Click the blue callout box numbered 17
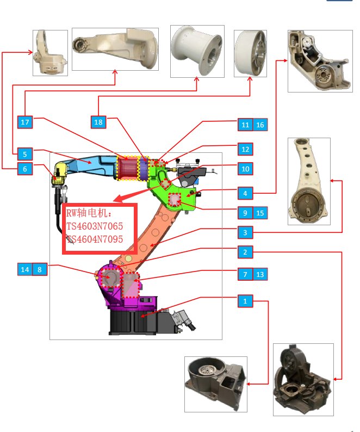point(24,122)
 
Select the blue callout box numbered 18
point(98,122)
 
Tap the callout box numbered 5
point(24,153)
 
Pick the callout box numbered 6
point(24,169)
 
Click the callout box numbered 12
point(245,149)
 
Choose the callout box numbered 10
point(245,169)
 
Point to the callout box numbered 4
point(245,193)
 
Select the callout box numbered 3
point(245,233)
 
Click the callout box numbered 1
point(245,300)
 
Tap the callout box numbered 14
point(24,269)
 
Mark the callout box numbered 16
point(260,125)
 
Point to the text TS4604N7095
point(95,239)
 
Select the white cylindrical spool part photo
point(197,51)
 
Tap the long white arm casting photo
point(115,48)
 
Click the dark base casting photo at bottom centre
point(215,384)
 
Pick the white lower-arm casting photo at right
point(308,180)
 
